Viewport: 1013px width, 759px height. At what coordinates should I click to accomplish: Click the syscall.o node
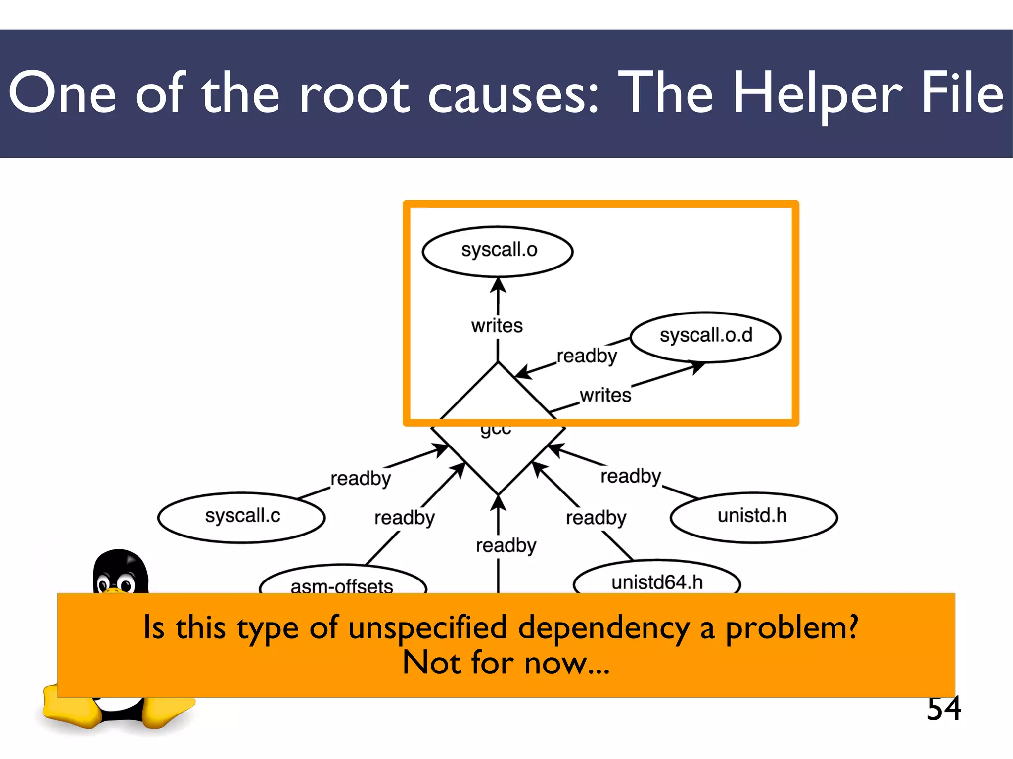tap(498, 251)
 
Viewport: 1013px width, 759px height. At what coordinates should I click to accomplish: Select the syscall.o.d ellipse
tap(705, 336)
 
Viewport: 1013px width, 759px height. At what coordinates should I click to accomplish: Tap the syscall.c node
tap(242, 517)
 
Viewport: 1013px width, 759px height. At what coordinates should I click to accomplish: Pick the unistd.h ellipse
tap(753, 517)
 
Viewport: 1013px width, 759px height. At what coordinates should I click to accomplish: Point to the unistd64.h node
tap(657, 581)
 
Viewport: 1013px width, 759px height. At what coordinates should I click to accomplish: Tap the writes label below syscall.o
tap(497, 326)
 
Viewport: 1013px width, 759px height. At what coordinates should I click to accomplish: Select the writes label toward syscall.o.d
tap(605, 396)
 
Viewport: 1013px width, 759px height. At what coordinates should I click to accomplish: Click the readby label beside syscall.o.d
tap(587, 356)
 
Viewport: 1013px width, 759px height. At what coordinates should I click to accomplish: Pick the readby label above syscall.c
tap(361, 479)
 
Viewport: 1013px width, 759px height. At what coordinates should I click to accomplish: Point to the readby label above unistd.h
tap(631, 476)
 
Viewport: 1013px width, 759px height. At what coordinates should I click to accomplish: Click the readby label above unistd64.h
tap(596, 518)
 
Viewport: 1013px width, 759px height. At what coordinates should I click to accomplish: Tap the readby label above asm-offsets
tap(404, 518)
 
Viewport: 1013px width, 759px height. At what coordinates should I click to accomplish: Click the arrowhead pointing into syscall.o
tap(498, 285)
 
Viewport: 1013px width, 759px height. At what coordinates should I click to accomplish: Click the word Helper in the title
tap(817, 94)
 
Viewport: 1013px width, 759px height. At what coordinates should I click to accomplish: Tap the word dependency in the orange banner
tap(603, 628)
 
